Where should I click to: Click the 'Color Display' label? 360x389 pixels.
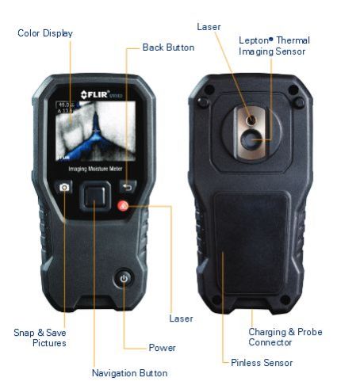(x=45, y=33)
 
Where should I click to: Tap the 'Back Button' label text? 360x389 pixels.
(x=168, y=48)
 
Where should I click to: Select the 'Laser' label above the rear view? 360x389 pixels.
(x=209, y=27)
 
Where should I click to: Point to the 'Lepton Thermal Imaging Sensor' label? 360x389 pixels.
(x=274, y=45)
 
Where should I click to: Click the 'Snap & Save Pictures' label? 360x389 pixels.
(x=40, y=338)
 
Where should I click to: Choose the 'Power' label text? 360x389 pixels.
(x=162, y=348)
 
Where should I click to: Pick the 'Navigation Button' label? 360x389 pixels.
(x=129, y=373)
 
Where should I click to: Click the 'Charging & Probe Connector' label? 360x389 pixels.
(x=285, y=338)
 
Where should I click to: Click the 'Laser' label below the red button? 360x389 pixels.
(x=181, y=318)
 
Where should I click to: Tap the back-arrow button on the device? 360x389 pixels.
(x=127, y=187)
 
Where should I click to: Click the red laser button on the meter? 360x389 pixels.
(x=124, y=207)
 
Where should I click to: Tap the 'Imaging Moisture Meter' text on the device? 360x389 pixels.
(x=94, y=168)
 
